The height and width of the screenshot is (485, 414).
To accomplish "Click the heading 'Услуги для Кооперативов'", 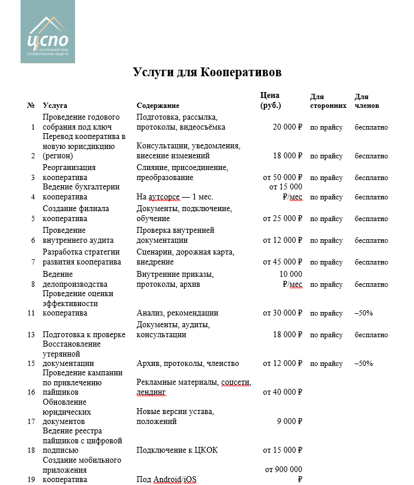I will point(207,72).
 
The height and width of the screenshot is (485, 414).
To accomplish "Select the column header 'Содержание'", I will point(158,106).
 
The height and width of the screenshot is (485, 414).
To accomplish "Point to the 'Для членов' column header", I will point(368,101).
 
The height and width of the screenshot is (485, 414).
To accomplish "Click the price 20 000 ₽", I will point(287,127).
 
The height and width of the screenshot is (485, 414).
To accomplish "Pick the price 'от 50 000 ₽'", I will point(283,177).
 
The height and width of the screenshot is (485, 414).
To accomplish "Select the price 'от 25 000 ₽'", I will point(283,219).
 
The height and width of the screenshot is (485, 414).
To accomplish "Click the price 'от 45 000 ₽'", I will point(283,262).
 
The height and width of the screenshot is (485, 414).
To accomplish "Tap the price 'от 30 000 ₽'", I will point(283,313).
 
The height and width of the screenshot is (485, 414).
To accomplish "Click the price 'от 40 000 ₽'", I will point(283,392).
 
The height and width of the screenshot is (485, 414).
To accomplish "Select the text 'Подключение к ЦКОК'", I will point(174,450).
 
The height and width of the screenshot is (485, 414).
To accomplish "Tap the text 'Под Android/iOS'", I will point(167,479).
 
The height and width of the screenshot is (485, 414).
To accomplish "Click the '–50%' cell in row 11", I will point(364,313).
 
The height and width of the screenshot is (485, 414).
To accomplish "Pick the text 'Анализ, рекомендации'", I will point(177,313).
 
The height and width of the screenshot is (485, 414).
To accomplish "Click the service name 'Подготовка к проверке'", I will point(84,335).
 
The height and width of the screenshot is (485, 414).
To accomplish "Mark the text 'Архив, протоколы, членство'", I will point(188,363).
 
